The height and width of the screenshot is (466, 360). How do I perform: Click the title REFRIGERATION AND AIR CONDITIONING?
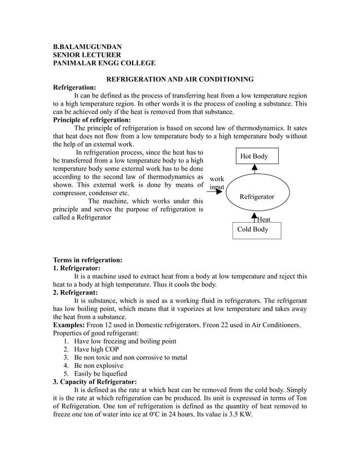(180, 80)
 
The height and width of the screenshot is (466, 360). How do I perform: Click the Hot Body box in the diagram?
(254, 156)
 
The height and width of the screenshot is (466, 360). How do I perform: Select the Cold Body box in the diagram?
(256, 230)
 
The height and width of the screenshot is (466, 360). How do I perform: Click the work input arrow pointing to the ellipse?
(214, 192)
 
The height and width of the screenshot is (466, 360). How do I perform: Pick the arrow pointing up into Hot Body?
(254, 168)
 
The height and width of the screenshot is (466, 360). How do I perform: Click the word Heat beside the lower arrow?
(264, 219)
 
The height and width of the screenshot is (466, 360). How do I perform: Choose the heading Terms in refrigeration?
(87, 260)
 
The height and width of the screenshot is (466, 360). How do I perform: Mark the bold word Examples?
(70, 325)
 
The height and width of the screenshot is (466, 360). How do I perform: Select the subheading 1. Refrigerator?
(77, 268)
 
